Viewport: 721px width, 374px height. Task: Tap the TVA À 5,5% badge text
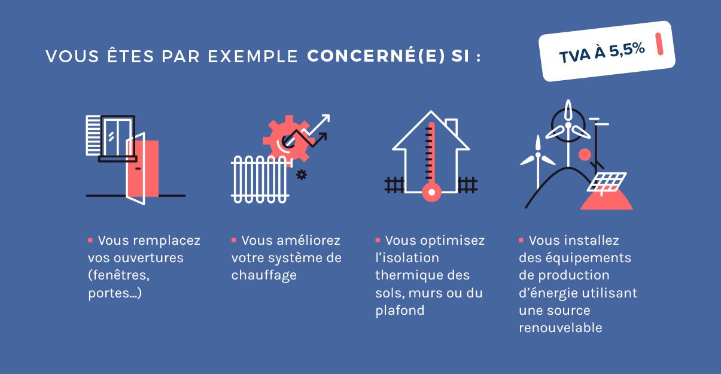tap(601, 52)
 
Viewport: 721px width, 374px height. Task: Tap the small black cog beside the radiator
tap(302, 175)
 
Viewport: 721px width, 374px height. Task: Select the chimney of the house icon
tap(451, 127)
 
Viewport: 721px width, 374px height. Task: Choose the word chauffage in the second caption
tap(264, 275)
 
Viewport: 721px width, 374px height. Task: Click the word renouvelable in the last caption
tap(560, 328)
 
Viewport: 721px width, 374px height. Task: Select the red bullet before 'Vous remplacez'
tap(91, 240)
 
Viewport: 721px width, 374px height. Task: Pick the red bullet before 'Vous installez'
tap(522, 240)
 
